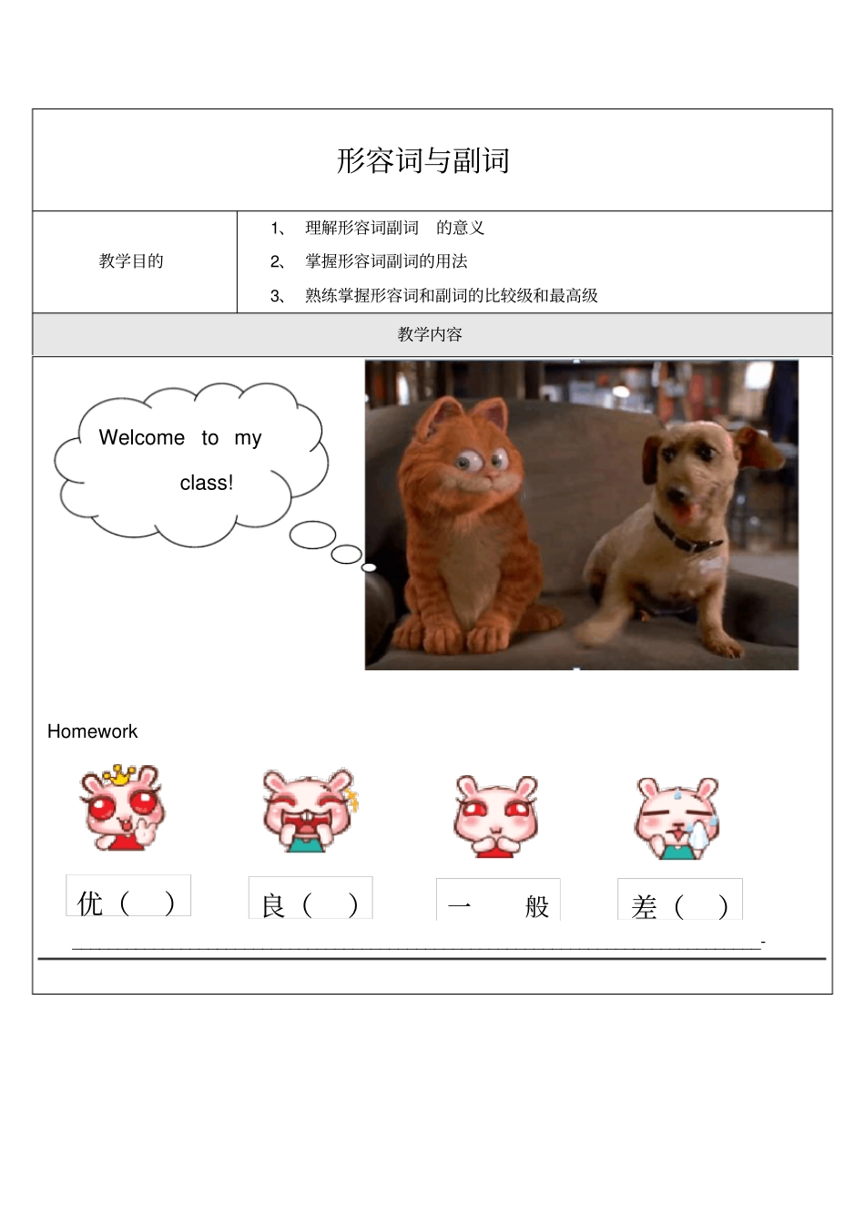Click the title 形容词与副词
423,160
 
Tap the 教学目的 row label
131,260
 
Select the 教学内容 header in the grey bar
430,334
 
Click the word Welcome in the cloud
142,437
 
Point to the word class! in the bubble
207,483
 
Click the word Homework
92,731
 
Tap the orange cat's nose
491,477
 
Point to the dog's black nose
678,494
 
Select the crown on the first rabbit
119,774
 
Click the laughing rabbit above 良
310,811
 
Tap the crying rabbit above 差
677,819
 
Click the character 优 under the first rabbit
89,903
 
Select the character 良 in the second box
273,905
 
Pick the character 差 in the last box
644,907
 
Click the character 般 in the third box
537,907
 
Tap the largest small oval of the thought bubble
312,535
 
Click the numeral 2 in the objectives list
274,261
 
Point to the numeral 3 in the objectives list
274,296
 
